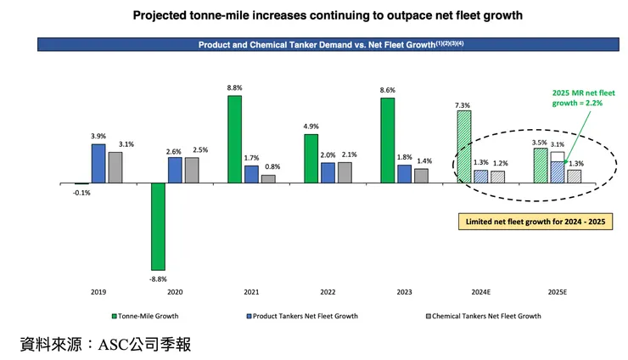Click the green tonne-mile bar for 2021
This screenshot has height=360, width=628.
pyautogui.click(x=234, y=139)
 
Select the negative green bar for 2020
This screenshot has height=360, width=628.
pyautogui.click(x=158, y=226)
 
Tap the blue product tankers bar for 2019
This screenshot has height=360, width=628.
pyautogui.click(x=98, y=163)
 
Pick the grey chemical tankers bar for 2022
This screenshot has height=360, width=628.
pyautogui.click(x=345, y=172)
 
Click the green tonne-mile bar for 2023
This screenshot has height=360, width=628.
pyautogui.click(x=387, y=140)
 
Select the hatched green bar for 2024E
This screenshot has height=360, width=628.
pyautogui.click(x=463, y=147)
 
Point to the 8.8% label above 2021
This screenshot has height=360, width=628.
pyautogui.click(x=235, y=88)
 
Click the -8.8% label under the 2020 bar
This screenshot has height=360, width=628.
pyautogui.click(x=158, y=278)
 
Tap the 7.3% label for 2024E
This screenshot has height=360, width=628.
pyautogui.click(x=463, y=104)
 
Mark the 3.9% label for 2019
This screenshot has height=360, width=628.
pyautogui.click(x=98, y=137)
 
